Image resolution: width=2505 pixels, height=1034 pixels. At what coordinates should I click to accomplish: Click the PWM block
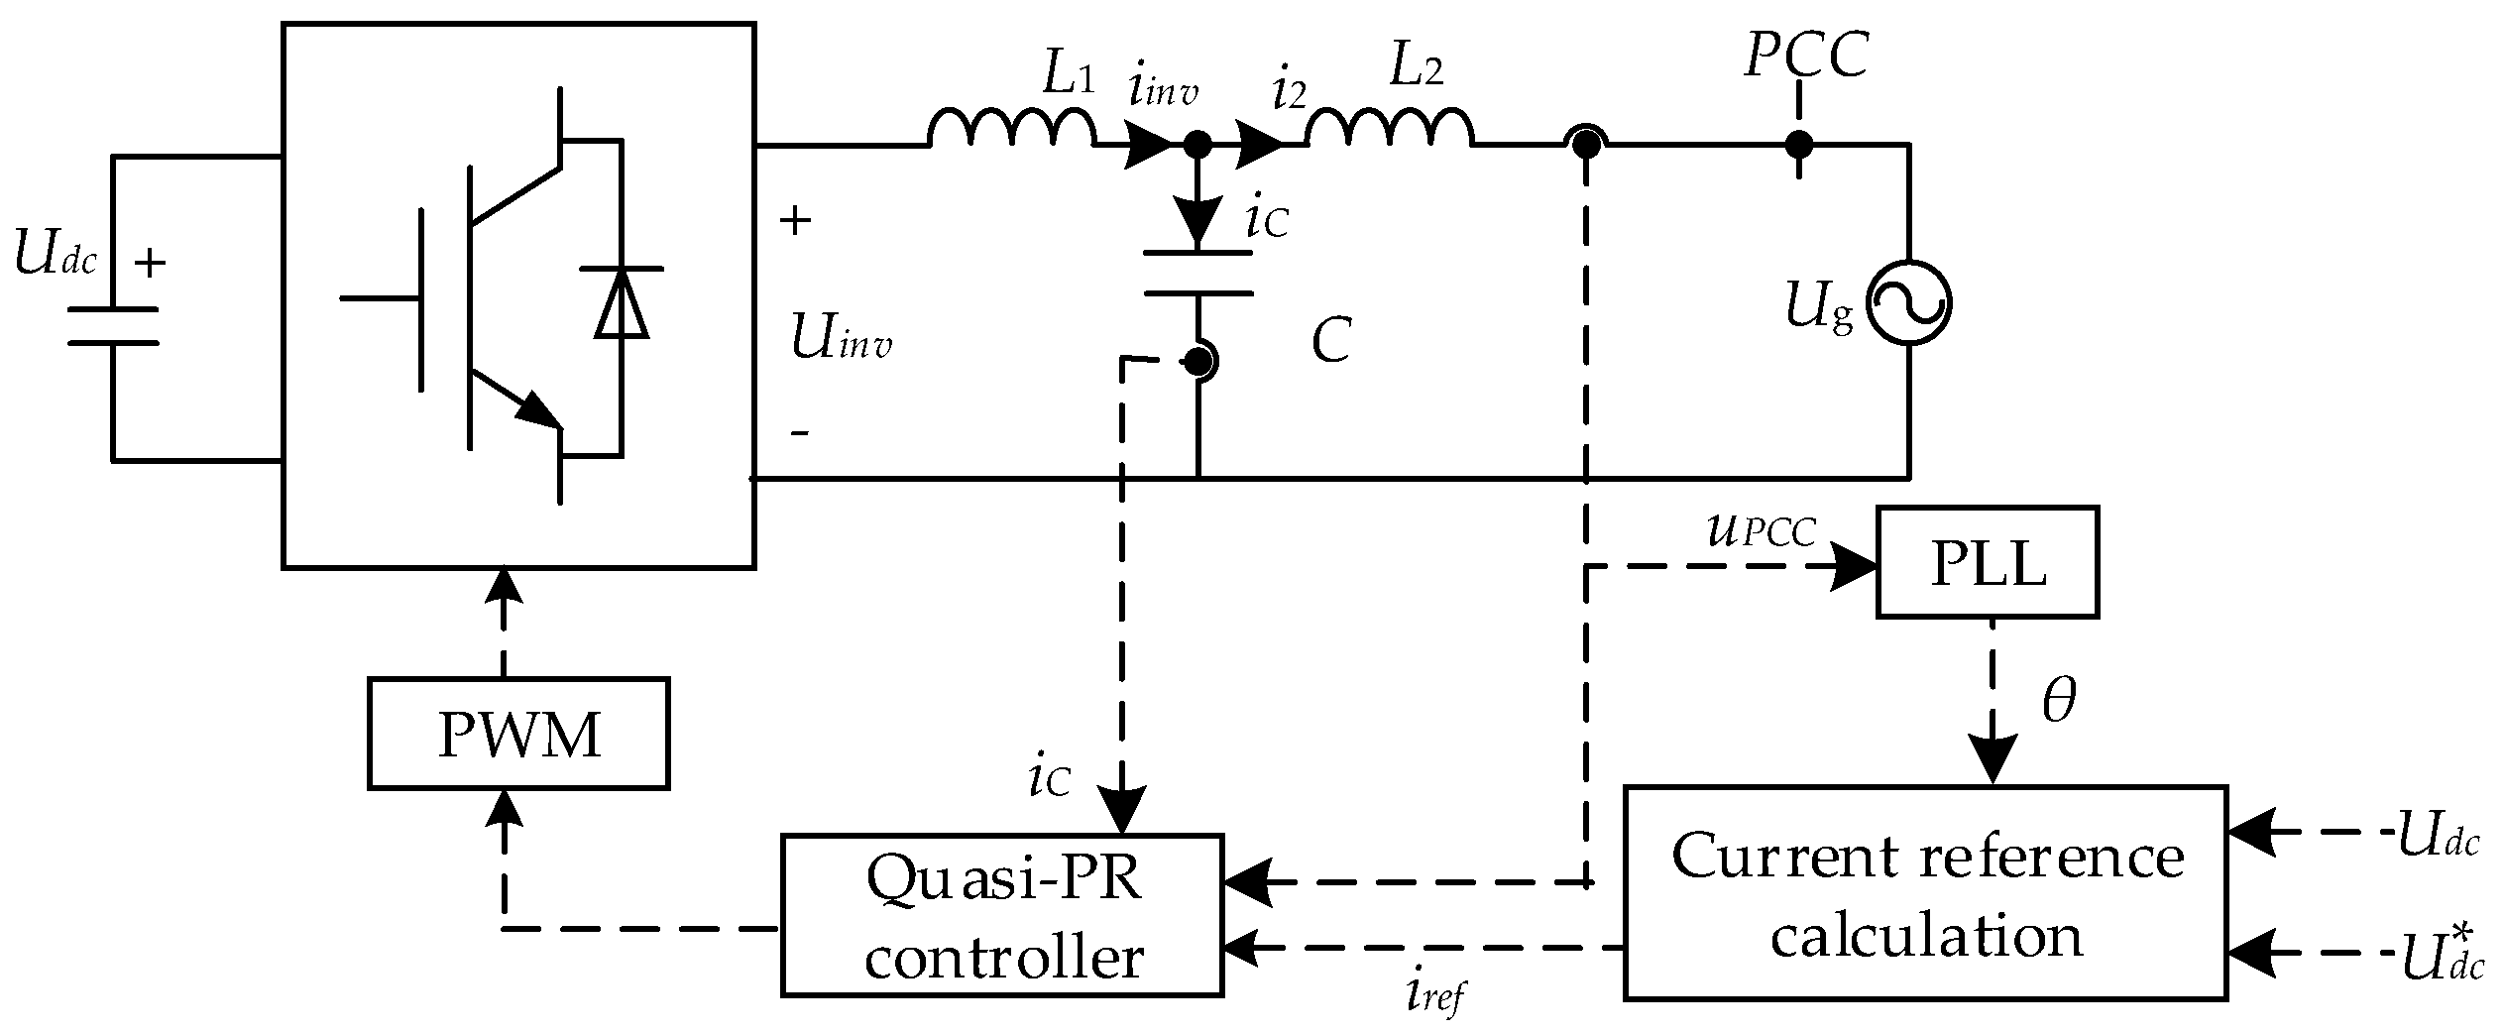518,734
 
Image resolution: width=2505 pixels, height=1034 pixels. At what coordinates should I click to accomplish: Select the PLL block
1987,563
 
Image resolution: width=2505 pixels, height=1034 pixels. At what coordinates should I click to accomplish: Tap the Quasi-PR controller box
1002,914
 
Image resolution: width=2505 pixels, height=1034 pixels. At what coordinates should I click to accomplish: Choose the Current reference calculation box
1925,892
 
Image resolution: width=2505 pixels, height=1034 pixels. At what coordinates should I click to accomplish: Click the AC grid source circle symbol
1908,303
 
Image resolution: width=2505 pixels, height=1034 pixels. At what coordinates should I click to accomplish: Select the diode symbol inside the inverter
622,302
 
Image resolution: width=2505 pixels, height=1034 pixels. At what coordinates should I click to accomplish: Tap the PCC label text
1805,55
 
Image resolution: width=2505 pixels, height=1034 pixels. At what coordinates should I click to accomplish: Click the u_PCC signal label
1760,532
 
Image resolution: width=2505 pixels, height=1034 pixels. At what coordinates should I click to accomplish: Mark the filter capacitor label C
1330,342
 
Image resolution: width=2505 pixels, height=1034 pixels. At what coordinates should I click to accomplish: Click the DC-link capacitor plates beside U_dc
113,326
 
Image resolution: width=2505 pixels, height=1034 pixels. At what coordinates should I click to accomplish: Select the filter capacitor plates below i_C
1198,274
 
